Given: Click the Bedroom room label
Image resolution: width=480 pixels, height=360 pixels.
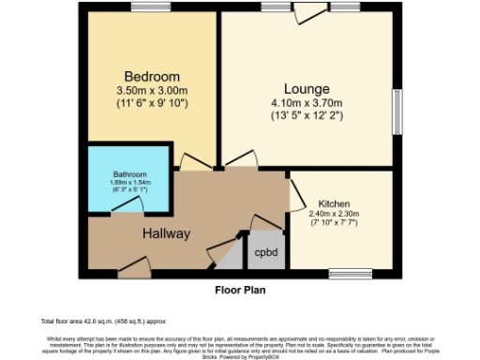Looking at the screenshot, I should click(x=152, y=76).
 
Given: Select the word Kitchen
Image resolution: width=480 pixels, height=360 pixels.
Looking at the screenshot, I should click(x=334, y=203).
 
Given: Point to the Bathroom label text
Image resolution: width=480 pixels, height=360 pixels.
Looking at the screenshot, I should click(x=129, y=173).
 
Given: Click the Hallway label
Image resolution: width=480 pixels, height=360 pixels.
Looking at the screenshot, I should click(x=166, y=233).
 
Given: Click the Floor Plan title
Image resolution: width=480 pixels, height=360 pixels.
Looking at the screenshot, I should click(x=239, y=290).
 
